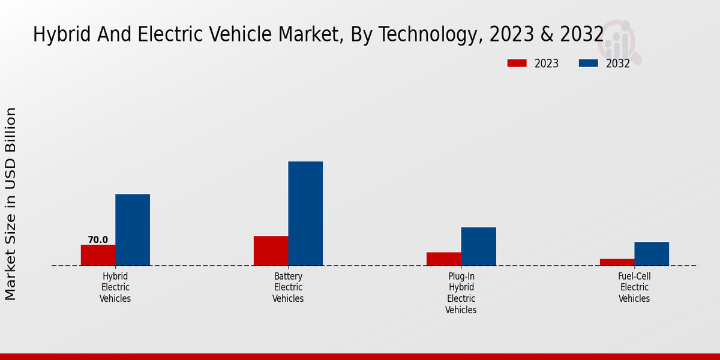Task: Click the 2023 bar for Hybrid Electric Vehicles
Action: [x=98, y=255]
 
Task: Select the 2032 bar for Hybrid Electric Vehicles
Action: [x=133, y=230]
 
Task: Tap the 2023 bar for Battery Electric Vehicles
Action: [x=271, y=251]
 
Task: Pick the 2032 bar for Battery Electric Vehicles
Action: [x=305, y=214]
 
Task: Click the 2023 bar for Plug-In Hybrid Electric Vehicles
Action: [x=444, y=259]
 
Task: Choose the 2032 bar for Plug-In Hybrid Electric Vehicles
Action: [x=479, y=246]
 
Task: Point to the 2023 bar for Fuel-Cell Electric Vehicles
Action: [x=617, y=262]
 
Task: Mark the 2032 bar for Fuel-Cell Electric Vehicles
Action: [x=652, y=254]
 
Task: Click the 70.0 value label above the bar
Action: [x=98, y=240]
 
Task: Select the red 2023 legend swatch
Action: [x=517, y=63]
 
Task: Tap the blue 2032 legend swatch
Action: [x=589, y=63]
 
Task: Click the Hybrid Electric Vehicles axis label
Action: [x=115, y=287]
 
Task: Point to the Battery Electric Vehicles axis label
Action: [x=288, y=287]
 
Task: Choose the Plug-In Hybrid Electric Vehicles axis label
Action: [x=461, y=293]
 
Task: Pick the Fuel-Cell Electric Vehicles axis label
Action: [x=634, y=287]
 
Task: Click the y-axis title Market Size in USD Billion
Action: [x=11, y=204]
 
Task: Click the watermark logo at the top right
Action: [x=619, y=41]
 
